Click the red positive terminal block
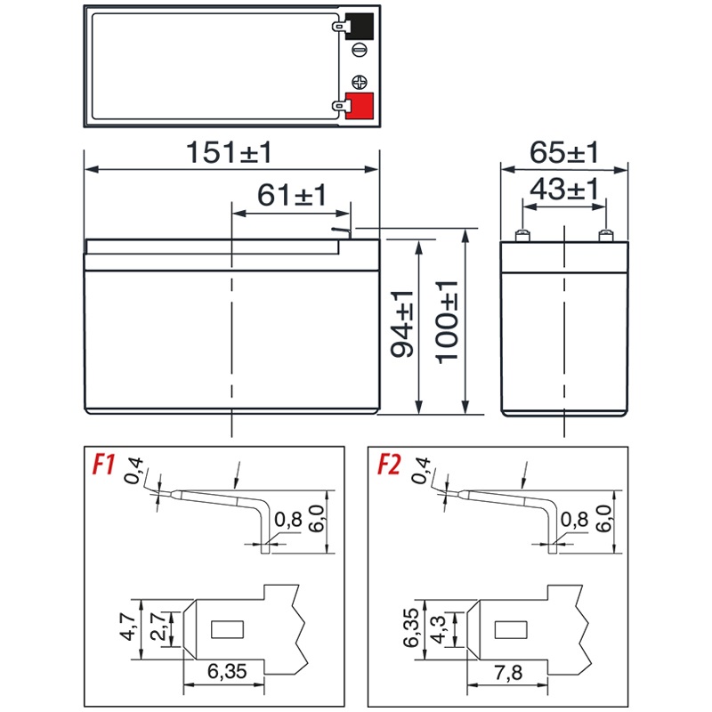360,106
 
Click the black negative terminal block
360,27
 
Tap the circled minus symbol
360,50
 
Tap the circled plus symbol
360,82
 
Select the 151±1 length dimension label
229,152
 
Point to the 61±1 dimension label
292,195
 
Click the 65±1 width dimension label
564,152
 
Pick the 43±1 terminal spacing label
564,189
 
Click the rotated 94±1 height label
402,324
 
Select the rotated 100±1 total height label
447,322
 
